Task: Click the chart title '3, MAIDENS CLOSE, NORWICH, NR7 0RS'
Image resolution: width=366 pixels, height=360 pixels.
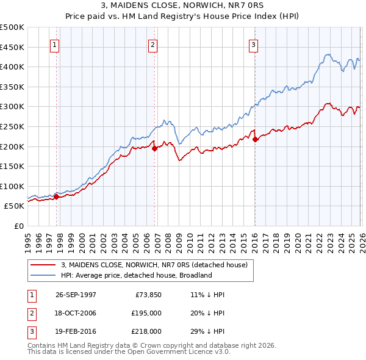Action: [x=183, y=5]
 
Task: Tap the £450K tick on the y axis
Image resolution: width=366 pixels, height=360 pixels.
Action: [x=12, y=47]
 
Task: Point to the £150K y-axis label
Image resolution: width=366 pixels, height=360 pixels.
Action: [x=12, y=166]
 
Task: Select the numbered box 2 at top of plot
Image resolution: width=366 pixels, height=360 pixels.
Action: [x=153, y=44]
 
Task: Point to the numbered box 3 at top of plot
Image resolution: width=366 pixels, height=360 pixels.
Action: [x=253, y=44]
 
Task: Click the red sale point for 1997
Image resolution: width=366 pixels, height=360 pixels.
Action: [x=56, y=196]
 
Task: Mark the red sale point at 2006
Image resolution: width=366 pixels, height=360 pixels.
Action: [x=154, y=148]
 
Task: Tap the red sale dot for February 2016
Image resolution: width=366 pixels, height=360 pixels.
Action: [x=255, y=139]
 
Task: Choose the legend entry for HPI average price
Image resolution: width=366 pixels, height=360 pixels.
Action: [x=135, y=275]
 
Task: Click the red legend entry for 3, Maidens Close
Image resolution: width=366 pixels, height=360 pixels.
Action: [x=154, y=265]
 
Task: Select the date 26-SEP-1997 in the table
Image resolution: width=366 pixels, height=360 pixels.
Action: [x=76, y=295]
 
